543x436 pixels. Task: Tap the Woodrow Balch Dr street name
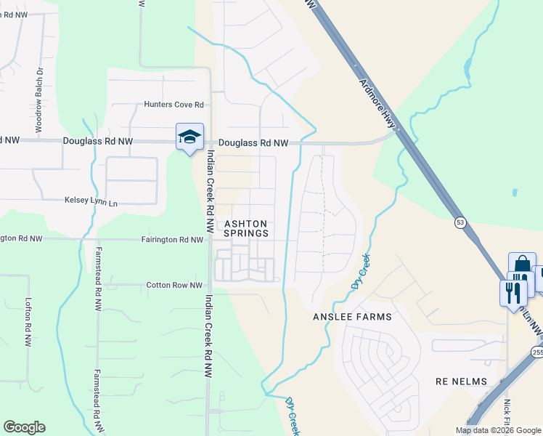click(39, 100)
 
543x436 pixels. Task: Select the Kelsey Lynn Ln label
click(91, 200)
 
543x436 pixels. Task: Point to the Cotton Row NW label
click(174, 286)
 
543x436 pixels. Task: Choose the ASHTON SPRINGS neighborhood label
click(245, 228)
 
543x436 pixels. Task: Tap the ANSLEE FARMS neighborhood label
click(352, 317)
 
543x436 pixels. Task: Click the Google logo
click(24, 427)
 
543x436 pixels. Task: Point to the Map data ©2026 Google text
click(499, 430)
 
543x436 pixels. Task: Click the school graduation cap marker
click(189, 137)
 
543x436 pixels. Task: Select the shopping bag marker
click(522, 265)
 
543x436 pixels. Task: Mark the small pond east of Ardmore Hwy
click(514, 193)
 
